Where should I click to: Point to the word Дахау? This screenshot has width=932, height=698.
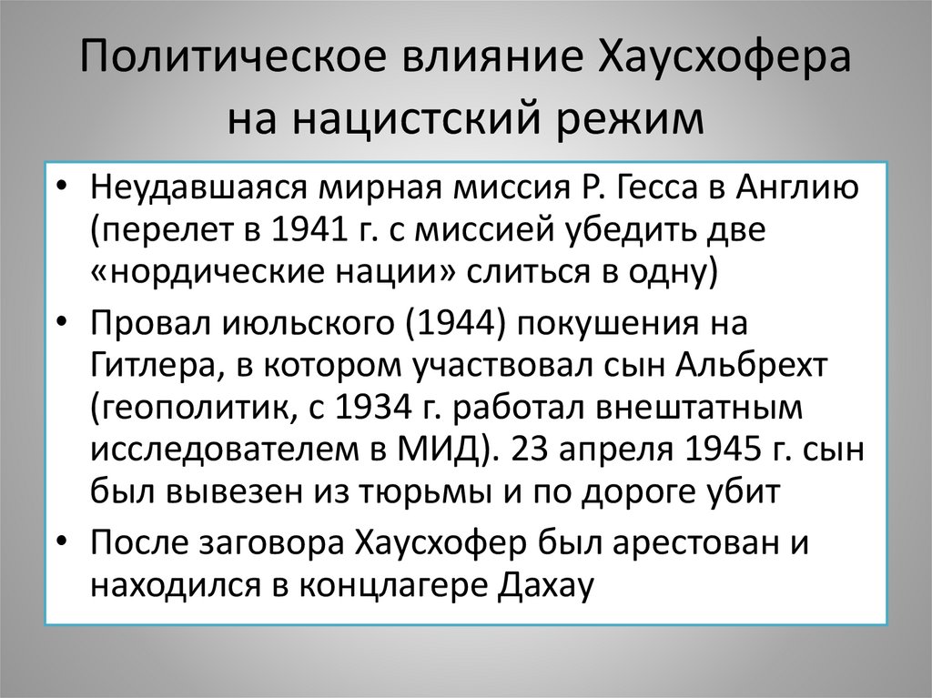(546, 583)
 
